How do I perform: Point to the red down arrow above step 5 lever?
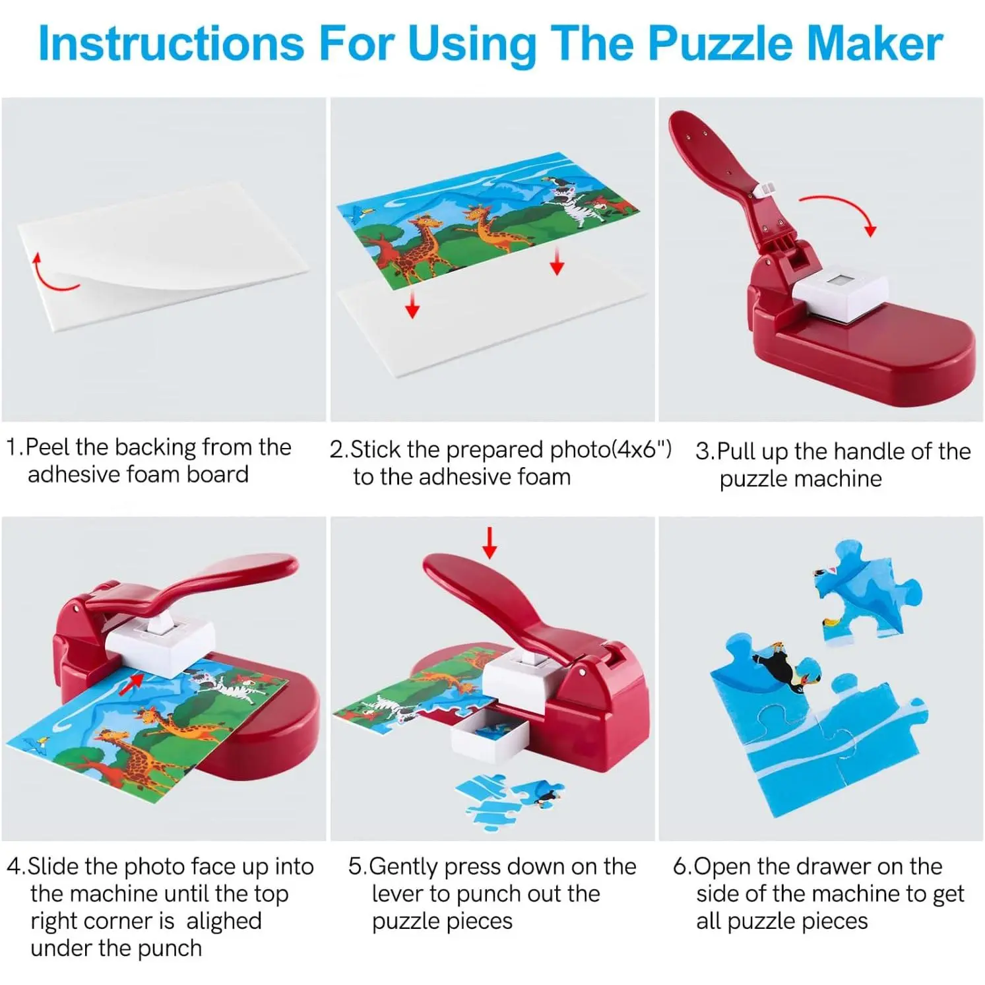click(489, 542)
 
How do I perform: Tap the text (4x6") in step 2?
click(641, 449)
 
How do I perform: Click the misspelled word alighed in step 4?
click(224, 921)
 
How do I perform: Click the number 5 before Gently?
click(355, 866)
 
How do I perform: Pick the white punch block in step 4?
click(161, 644)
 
